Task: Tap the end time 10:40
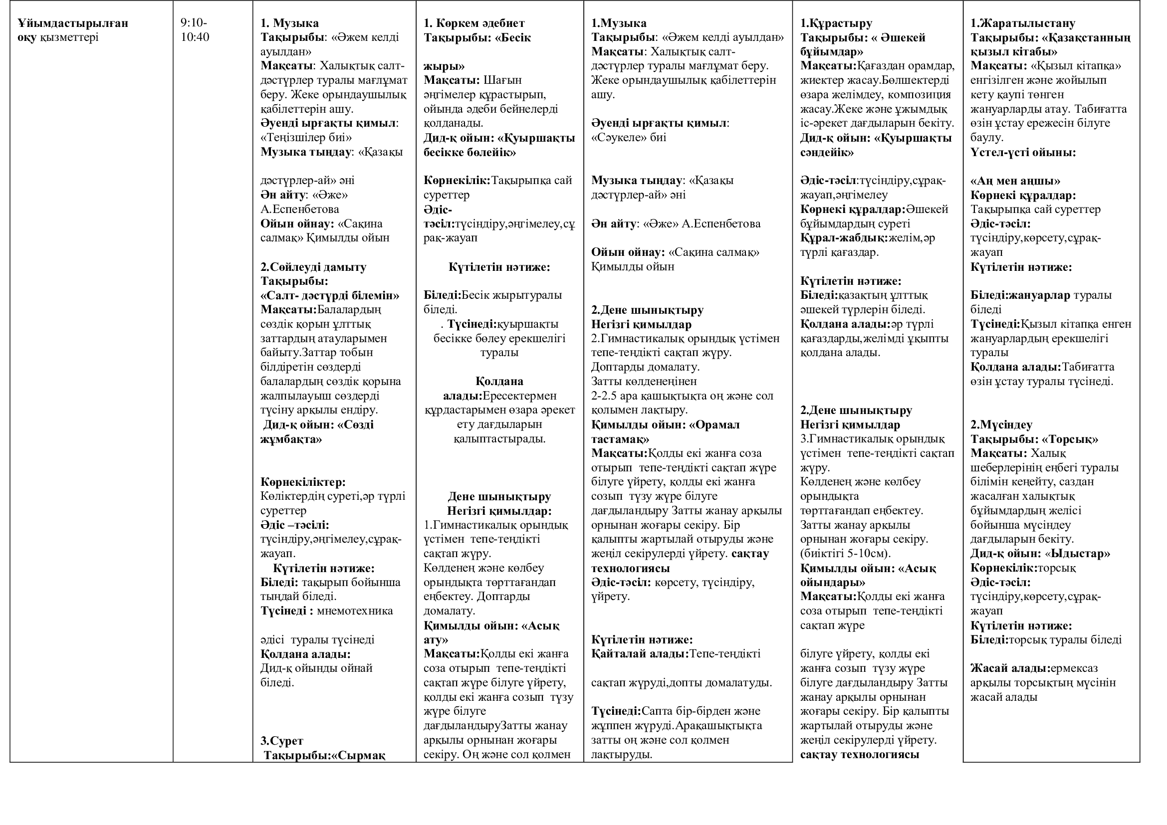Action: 195,37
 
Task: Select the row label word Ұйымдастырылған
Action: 73,23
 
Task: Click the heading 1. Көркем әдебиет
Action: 473,23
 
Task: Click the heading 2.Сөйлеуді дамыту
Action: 313,267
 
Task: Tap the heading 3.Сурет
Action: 281,741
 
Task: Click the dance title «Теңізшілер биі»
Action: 306,137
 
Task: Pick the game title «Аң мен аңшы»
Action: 1015,181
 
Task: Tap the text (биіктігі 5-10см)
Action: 845,553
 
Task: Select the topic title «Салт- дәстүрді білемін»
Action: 330,295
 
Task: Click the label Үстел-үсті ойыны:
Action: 1023,153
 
